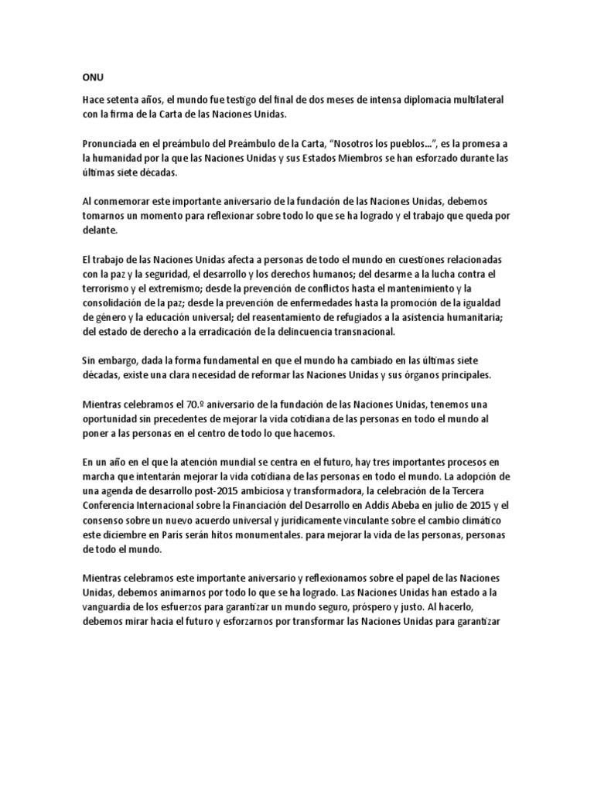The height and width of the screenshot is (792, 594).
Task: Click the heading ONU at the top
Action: tap(92, 78)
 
